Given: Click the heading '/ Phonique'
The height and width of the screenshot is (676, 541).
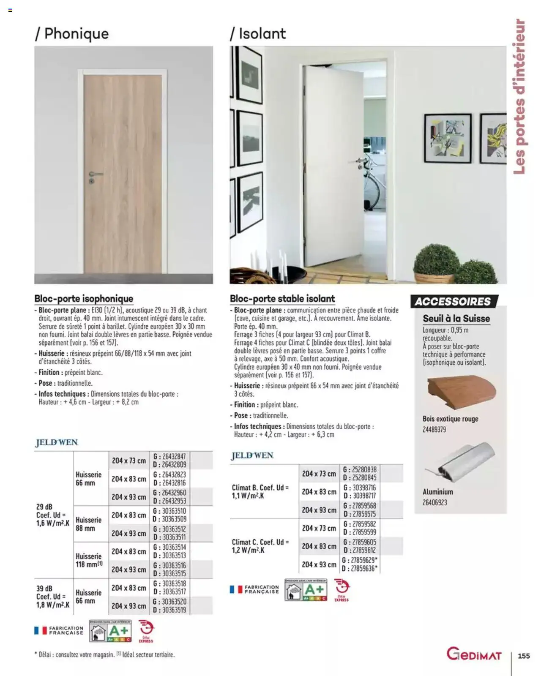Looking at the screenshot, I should pyautogui.click(x=72, y=34).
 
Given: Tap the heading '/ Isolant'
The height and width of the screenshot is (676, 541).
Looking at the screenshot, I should pyautogui.click(x=258, y=34).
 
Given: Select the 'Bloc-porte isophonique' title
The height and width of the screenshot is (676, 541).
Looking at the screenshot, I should pyautogui.click(x=84, y=299).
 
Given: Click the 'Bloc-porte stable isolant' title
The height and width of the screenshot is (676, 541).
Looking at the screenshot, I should pyautogui.click(x=282, y=299).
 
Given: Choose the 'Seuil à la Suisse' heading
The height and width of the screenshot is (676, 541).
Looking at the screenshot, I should pyautogui.click(x=456, y=319).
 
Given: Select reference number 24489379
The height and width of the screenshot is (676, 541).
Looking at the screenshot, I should pyautogui.click(x=434, y=430).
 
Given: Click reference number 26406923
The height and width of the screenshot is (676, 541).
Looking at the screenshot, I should pyautogui.click(x=435, y=503).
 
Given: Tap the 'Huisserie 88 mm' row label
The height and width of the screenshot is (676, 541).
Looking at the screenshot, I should pyautogui.click(x=89, y=524).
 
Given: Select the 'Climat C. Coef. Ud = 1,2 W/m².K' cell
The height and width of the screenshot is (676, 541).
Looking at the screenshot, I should pyautogui.click(x=260, y=546).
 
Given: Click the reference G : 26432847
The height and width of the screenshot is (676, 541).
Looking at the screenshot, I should pyautogui.click(x=169, y=456).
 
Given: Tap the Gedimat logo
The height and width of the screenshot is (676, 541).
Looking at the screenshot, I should pyautogui.click(x=474, y=654).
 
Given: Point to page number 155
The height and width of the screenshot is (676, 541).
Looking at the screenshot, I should pyautogui.click(x=524, y=656).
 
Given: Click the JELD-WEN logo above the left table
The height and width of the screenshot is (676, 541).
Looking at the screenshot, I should pyautogui.click(x=57, y=442).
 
